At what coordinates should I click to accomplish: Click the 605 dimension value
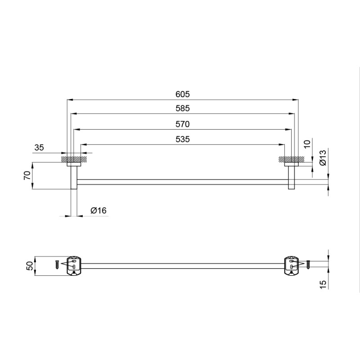183,94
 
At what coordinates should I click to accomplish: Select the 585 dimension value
183,108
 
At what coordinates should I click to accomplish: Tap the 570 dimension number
183,124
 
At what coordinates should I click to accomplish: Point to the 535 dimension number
183,139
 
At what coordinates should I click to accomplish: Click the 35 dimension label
39,148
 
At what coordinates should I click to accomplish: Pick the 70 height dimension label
27,175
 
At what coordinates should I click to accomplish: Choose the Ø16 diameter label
99,211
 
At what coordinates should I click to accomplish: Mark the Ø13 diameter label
323,158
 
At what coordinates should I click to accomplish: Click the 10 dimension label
307,144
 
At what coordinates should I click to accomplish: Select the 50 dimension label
30,266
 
